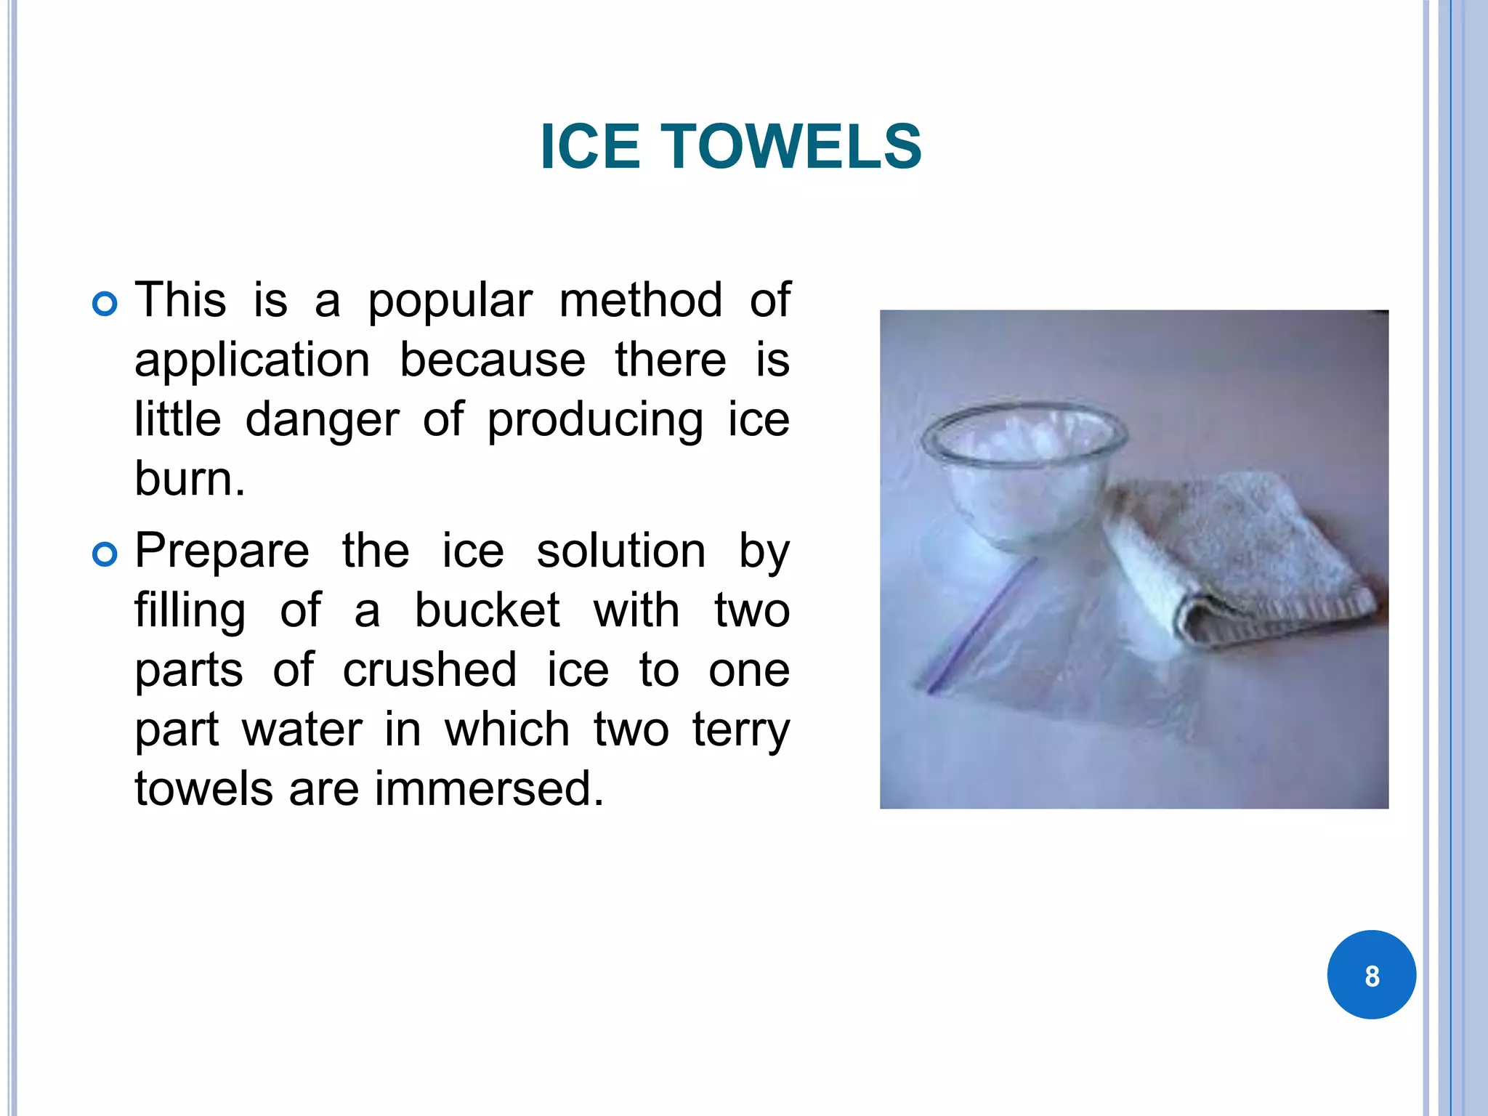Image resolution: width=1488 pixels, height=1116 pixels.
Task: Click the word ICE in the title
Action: tap(590, 147)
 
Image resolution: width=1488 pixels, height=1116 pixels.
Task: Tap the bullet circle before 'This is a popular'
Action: tap(105, 304)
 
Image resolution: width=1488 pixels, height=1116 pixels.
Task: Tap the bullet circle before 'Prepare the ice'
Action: tap(105, 555)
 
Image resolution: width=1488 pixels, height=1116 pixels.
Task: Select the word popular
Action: tap(450, 302)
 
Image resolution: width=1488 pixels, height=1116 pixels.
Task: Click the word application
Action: tap(252, 360)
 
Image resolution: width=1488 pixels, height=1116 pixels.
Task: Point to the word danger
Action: tap(322, 420)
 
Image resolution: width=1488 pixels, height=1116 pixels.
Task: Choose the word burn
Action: tap(189, 480)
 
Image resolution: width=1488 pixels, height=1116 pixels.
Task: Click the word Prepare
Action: tap(222, 551)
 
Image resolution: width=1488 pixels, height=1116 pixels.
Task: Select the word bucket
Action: tap(486, 610)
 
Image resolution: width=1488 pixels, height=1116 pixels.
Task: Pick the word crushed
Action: tap(429, 670)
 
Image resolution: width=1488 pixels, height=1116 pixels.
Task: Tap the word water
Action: tap(302, 729)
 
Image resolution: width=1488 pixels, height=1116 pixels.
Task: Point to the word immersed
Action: tap(489, 789)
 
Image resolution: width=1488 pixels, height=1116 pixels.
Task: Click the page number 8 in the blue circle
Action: tap(1371, 975)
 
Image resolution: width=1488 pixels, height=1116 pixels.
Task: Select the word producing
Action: tap(594, 421)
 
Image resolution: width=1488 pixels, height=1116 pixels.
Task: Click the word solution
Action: tap(620, 551)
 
